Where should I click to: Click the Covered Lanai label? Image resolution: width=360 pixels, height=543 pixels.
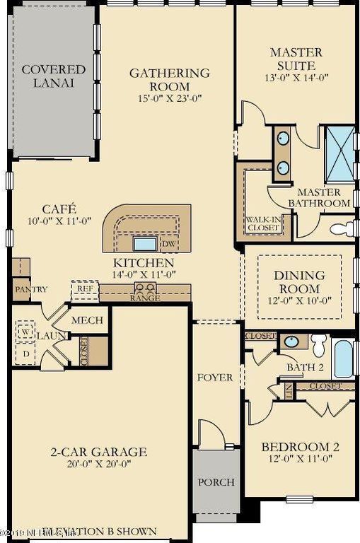(53, 76)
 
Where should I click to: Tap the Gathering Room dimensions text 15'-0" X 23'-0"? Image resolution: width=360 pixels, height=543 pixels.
(169, 98)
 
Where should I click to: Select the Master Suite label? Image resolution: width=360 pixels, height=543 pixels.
(296, 59)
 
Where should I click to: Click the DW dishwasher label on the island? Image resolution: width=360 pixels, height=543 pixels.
(168, 245)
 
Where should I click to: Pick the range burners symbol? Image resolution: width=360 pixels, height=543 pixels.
(146, 288)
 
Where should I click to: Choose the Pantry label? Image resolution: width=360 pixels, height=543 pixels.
(30, 289)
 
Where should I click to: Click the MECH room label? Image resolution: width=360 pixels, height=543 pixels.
(88, 320)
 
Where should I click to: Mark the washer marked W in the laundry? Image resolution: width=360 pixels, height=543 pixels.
(28, 332)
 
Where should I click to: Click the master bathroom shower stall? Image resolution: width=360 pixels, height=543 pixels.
(339, 153)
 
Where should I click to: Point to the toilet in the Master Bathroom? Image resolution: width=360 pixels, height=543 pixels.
(343, 228)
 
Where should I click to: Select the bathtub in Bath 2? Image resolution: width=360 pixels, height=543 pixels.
(343, 358)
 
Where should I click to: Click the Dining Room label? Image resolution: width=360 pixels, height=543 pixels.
(299, 282)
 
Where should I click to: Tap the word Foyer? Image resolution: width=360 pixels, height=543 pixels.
(215, 378)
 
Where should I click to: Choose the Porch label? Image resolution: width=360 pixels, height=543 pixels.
(216, 482)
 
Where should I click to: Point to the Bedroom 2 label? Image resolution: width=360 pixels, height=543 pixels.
(300, 447)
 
